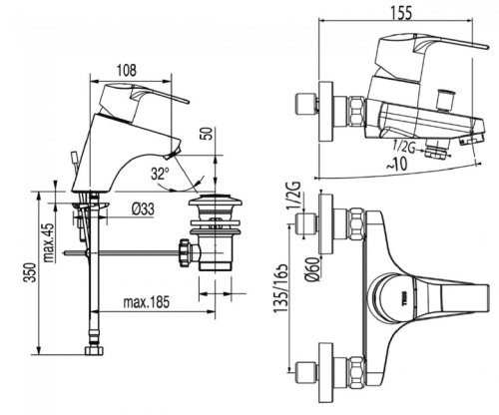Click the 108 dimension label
pos(127,70)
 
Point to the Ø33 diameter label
pos(143,209)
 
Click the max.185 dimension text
pos(147,302)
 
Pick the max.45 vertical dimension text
pos(49,242)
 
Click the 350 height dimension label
pos(31,272)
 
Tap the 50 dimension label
pos(208,134)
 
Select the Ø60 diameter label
pos(313,269)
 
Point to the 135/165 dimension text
pos(280,288)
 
